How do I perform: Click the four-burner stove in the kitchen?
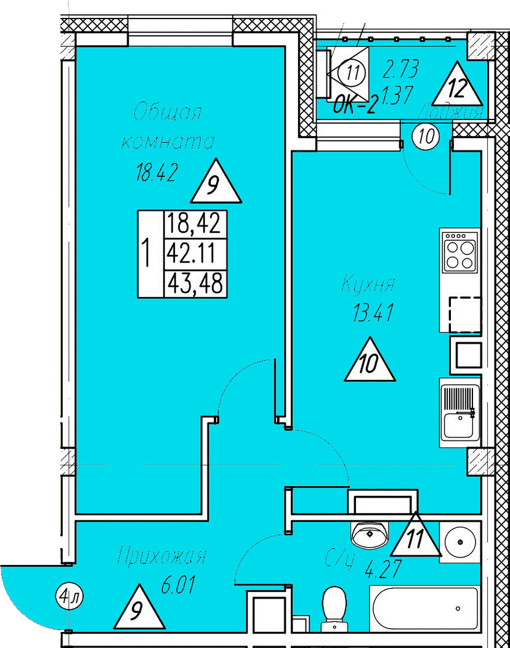click(460, 250)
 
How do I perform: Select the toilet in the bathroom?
click(336, 606)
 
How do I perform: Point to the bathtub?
click(425, 607)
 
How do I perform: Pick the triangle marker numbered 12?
click(456, 86)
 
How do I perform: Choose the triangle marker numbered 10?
click(370, 362)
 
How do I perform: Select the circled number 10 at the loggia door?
click(425, 136)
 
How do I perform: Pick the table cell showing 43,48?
click(194, 284)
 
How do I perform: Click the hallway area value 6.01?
click(179, 585)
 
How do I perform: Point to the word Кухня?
click(368, 286)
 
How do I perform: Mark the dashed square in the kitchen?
click(466, 314)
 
